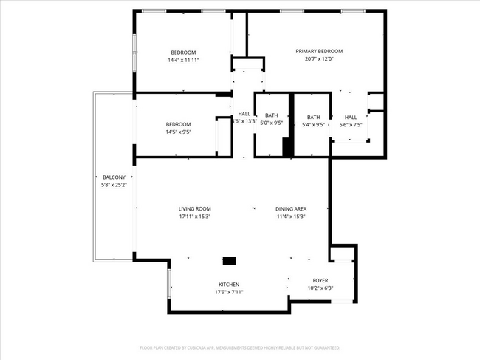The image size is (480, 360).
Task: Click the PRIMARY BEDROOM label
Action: point(319,51)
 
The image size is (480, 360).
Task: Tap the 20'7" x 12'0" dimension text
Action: point(319,59)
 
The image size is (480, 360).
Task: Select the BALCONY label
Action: point(114,177)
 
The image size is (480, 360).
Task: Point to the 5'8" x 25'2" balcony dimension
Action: point(114,185)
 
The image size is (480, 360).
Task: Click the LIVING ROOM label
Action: point(194,209)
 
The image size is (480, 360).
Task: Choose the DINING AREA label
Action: point(290,209)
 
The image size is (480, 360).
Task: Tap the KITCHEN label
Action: point(228,285)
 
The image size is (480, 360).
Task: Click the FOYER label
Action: point(320,280)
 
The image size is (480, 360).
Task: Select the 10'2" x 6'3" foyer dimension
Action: point(320,288)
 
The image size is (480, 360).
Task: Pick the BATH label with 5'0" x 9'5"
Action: point(272,116)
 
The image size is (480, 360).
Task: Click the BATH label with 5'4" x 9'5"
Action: point(314,117)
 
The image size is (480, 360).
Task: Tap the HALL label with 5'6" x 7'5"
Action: point(350,117)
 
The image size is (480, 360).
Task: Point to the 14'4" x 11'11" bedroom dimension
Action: point(183,60)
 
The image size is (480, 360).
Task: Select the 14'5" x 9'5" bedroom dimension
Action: point(178,132)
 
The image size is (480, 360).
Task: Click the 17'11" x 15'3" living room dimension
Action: point(194,217)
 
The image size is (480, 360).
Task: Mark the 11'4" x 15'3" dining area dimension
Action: point(290,217)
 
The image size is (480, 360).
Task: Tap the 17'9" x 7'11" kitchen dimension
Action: point(228,292)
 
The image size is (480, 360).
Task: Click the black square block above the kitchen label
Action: point(230,260)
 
